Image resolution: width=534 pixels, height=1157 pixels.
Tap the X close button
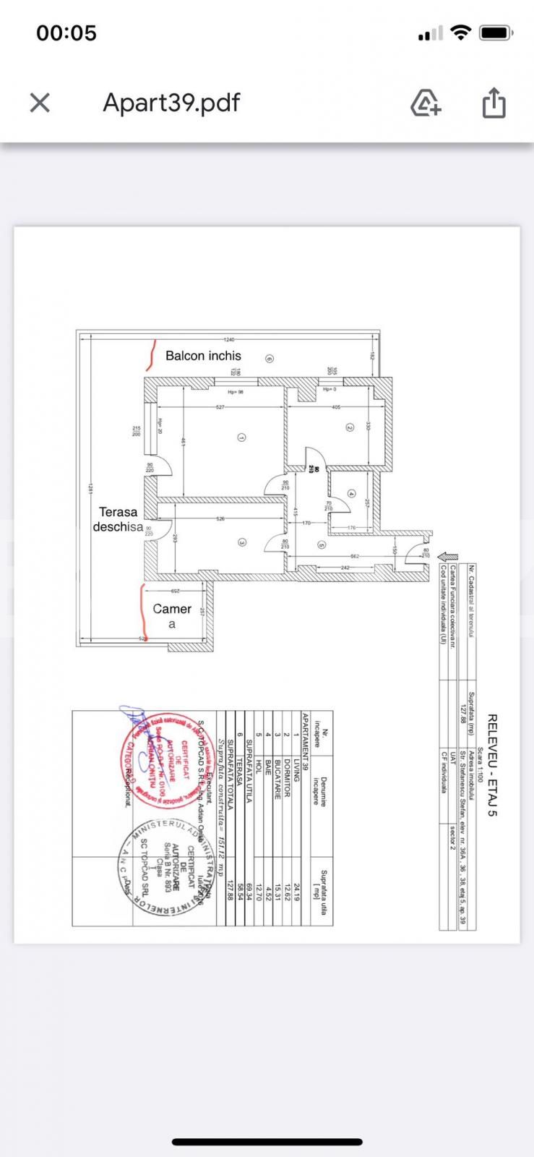[x=40, y=103]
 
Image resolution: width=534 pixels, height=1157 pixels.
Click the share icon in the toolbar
[x=494, y=103]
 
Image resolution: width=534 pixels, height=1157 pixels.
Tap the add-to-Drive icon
[x=426, y=103]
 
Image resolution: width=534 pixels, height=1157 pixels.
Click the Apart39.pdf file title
[x=171, y=103]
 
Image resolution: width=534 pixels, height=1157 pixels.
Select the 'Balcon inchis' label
[x=203, y=356]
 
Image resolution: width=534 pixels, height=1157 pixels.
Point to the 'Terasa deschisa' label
[x=118, y=519]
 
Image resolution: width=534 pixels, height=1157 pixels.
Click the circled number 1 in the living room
[x=241, y=437]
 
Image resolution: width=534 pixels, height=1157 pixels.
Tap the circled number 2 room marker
[x=350, y=427]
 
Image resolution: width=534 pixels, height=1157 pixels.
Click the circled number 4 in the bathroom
[x=351, y=494]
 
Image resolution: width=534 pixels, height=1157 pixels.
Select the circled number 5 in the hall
[x=322, y=545]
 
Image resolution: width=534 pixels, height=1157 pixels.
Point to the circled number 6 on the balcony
[x=269, y=358]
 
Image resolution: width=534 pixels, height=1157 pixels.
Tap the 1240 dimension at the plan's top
[x=229, y=339]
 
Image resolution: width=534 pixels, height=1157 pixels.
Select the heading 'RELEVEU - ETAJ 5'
[x=492, y=765]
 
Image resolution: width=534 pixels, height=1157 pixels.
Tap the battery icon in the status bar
[x=496, y=33]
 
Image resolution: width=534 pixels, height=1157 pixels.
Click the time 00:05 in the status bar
[x=66, y=33]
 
